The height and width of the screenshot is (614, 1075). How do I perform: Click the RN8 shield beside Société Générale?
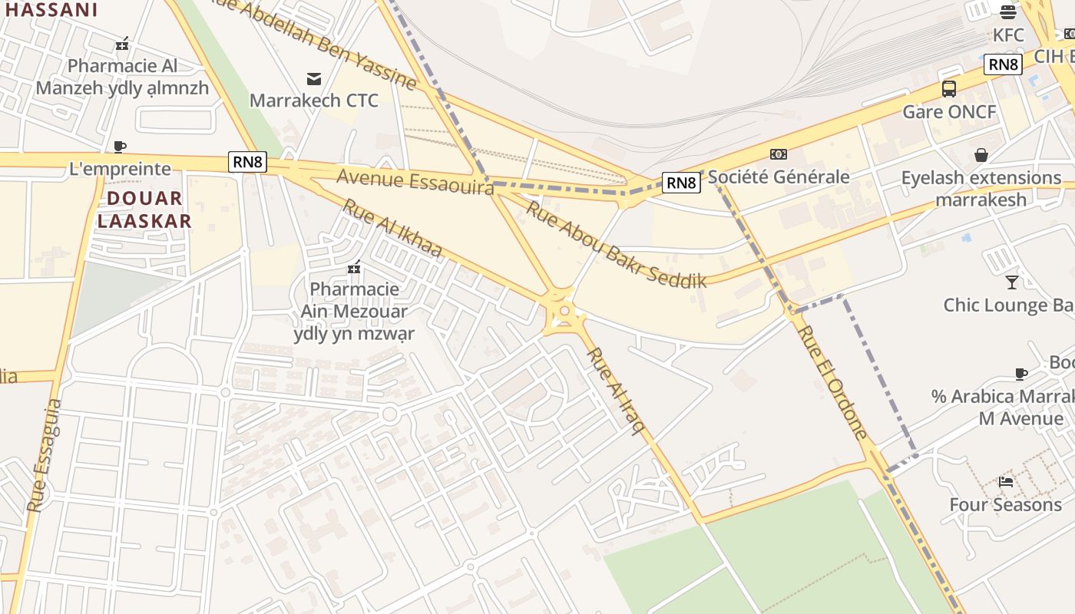(x=681, y=183)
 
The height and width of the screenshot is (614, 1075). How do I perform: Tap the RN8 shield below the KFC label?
(x=1003, y=64)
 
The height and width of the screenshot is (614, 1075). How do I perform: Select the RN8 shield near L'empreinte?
(x=247, y=162)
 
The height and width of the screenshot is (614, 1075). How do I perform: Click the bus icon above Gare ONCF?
(x=949, y=89)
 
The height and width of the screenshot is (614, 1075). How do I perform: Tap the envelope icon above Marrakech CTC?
(x=314, y=78)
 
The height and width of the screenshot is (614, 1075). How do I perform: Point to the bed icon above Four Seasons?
(x=1005, y=482)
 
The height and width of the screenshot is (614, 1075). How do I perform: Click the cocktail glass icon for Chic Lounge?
(x=1012, y=282)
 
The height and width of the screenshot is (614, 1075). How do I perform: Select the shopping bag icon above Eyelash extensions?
(x=981, y=155)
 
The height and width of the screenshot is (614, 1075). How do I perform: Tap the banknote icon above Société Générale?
(x=778, y=154)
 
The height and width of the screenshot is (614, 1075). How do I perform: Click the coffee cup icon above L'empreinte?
(x=119, y=147)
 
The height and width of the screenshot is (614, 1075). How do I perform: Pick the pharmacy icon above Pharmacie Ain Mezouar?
(x=354, y=267)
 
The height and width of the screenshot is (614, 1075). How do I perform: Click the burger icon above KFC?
(x=1008, y=12)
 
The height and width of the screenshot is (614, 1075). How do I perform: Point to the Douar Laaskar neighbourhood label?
(x=144, y=210)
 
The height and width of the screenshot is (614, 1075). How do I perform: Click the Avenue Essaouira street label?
(x=415, y=182)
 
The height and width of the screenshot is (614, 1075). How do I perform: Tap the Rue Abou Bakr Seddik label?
(x=615, y=243)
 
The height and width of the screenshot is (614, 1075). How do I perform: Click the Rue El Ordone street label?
(x=832, y=381)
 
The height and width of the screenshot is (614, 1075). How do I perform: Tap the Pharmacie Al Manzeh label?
(x=122, y=77)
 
